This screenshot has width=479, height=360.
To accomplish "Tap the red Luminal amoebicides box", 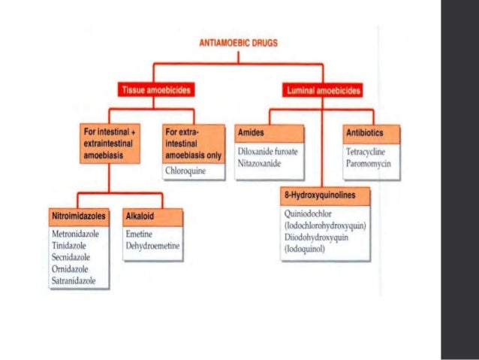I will (x=324, y=91).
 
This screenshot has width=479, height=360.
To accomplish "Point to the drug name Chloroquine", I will (x=185, y=171).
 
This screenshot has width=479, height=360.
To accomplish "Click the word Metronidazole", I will (x=75, y=234).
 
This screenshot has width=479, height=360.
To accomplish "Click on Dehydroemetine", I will (x=153, y=246).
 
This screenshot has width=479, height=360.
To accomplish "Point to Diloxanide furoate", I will (x=267, y=151).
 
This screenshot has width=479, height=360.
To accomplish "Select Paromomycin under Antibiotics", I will (x=369, y=162).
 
